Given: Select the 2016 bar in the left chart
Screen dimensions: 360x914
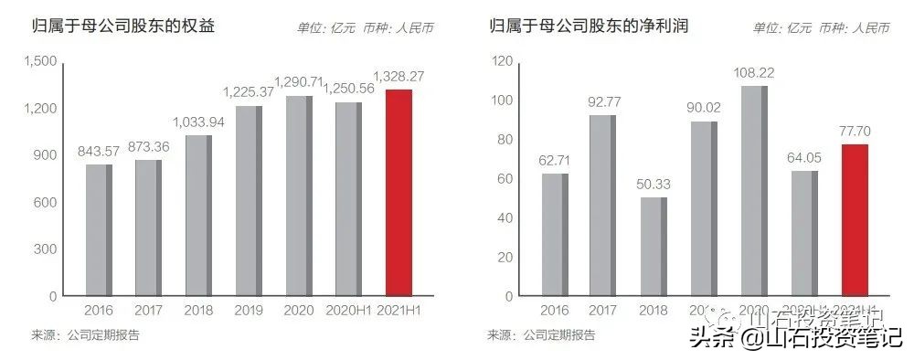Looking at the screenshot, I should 100,230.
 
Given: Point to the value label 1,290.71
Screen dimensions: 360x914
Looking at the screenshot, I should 298,82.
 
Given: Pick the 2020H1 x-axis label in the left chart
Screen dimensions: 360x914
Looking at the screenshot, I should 348,312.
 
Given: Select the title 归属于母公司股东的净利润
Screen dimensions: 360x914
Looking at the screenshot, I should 589,26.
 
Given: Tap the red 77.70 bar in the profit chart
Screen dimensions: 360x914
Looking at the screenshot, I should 853,220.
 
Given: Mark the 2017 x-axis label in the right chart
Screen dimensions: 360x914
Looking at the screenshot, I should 603,312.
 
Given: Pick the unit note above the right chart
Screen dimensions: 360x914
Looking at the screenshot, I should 822,27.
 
